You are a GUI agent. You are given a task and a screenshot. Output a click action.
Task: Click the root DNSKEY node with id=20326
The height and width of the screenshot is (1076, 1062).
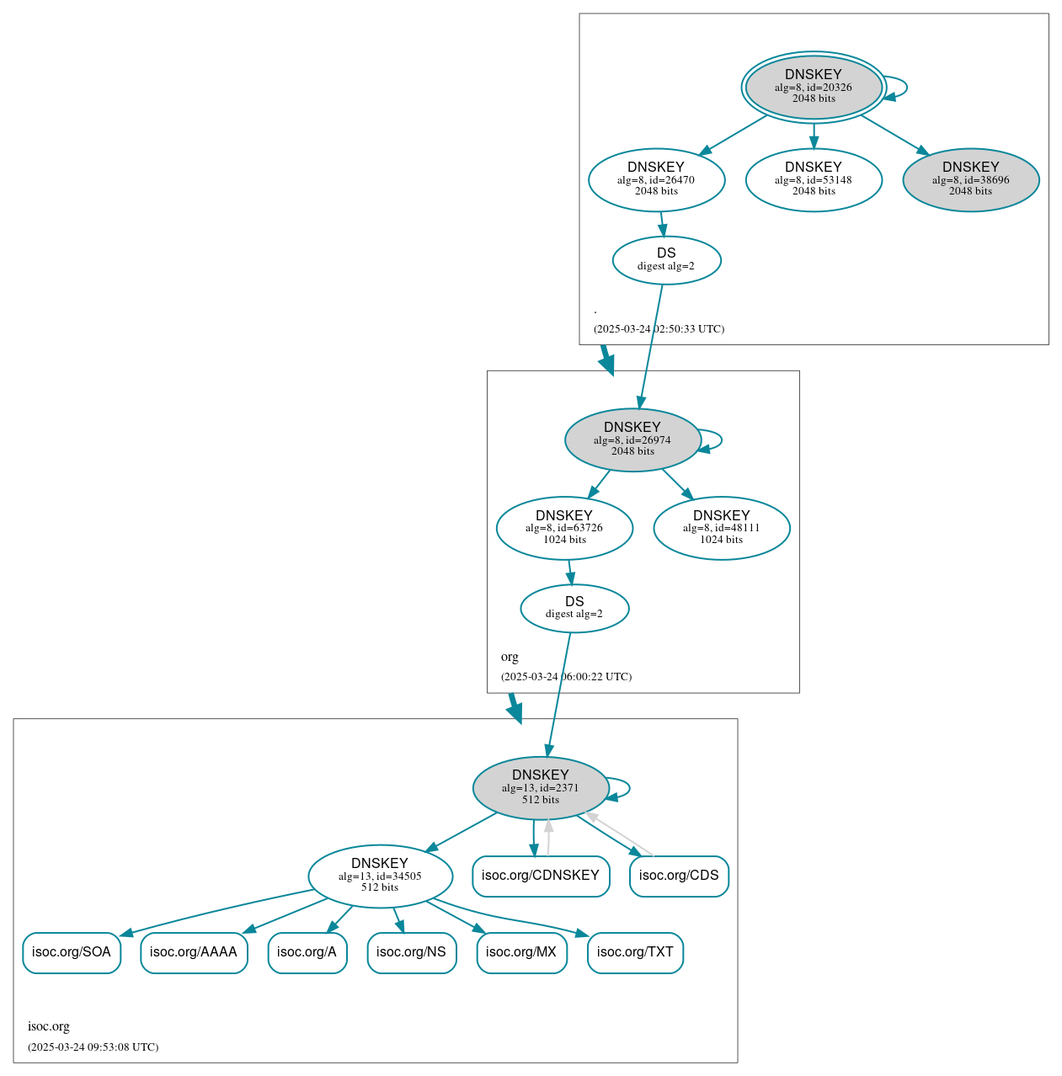click(x=814, y=87)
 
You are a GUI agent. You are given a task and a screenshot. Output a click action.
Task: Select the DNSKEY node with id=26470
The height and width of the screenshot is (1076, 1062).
click(x=656, y=179)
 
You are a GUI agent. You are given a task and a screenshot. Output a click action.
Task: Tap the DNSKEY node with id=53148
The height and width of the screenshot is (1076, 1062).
click(x=814, y=179)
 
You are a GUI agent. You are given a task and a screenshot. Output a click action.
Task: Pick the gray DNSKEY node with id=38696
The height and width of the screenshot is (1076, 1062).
click(x=970, y=179)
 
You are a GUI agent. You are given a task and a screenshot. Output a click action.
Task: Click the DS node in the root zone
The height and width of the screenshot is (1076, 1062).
click(x=666, y=260)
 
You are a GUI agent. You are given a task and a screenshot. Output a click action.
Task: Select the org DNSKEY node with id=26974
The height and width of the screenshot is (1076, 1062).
click(x=632, y=439)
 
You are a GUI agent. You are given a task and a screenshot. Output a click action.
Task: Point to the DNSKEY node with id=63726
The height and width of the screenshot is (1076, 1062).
click(x=564, y=528)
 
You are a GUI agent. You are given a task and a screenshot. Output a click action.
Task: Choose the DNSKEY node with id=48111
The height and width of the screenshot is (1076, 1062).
click(x=721, y=528)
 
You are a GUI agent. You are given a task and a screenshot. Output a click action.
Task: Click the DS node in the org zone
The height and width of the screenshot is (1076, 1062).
click(x=574, y=608)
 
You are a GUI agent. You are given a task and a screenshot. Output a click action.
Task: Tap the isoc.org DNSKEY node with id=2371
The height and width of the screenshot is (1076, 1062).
click(x=541, y=788)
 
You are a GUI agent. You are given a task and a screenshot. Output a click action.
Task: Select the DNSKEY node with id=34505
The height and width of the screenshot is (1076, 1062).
click(x=380, y=876)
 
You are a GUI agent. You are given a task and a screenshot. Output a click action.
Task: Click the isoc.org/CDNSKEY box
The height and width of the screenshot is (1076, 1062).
click(x=541, y=876)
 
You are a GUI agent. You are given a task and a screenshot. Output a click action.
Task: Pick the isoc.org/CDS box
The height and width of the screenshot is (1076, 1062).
click(x=679, y=876)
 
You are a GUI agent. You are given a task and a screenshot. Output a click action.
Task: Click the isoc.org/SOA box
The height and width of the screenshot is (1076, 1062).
click(x=72, y=952)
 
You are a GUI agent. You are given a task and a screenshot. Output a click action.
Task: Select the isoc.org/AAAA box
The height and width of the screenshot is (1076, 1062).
click(x=194, y=952)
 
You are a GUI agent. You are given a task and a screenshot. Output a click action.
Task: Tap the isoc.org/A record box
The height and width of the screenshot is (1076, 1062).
click(x=307, y=952)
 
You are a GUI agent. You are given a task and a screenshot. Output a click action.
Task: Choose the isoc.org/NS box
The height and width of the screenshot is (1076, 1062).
click(x=412, y=952)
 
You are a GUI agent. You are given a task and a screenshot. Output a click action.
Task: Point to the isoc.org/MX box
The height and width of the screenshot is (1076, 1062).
click(x=521, y=952)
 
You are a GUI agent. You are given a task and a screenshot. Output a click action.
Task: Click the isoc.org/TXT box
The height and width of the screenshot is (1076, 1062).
click(x=635, y=952)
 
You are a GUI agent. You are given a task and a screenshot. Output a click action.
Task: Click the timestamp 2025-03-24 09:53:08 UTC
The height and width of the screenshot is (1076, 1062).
click(x=93, y=1047)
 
